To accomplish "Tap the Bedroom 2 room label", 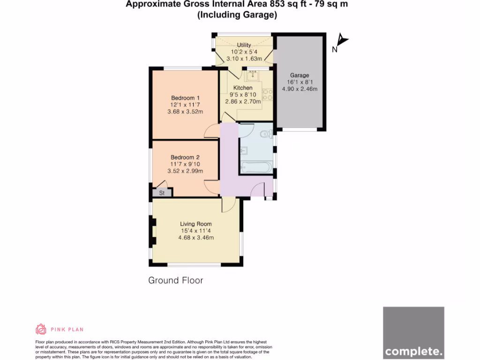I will pyautogui.click(x=185, y=157).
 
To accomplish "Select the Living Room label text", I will pyautogui.click(x=196, y=224).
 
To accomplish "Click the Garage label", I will pyautogui.click(x=300, y=75).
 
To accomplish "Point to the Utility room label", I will pyautogui.click(x=244, y=45).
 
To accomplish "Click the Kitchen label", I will pyautogui.click(x=243, y=88).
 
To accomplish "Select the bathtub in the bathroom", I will pyautogui.click(x=255, y=167).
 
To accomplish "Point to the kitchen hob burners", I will pyautogui.click(x=268, y=95).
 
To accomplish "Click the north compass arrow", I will pyautogui.click(x=342, y=41).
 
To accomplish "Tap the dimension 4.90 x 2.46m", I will pyautogui.click(x=300, y=89).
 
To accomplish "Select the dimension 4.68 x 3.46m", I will pyautogui.click(x=196, y=238).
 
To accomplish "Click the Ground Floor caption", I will pyautogui.click(x=175, y=280).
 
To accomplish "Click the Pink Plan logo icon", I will pyautogui.click(x=41, y=329).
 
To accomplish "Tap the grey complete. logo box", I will pyautogui.click(x=413, y=333).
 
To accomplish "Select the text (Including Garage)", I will pyautogui.click(x=237, y=15).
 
